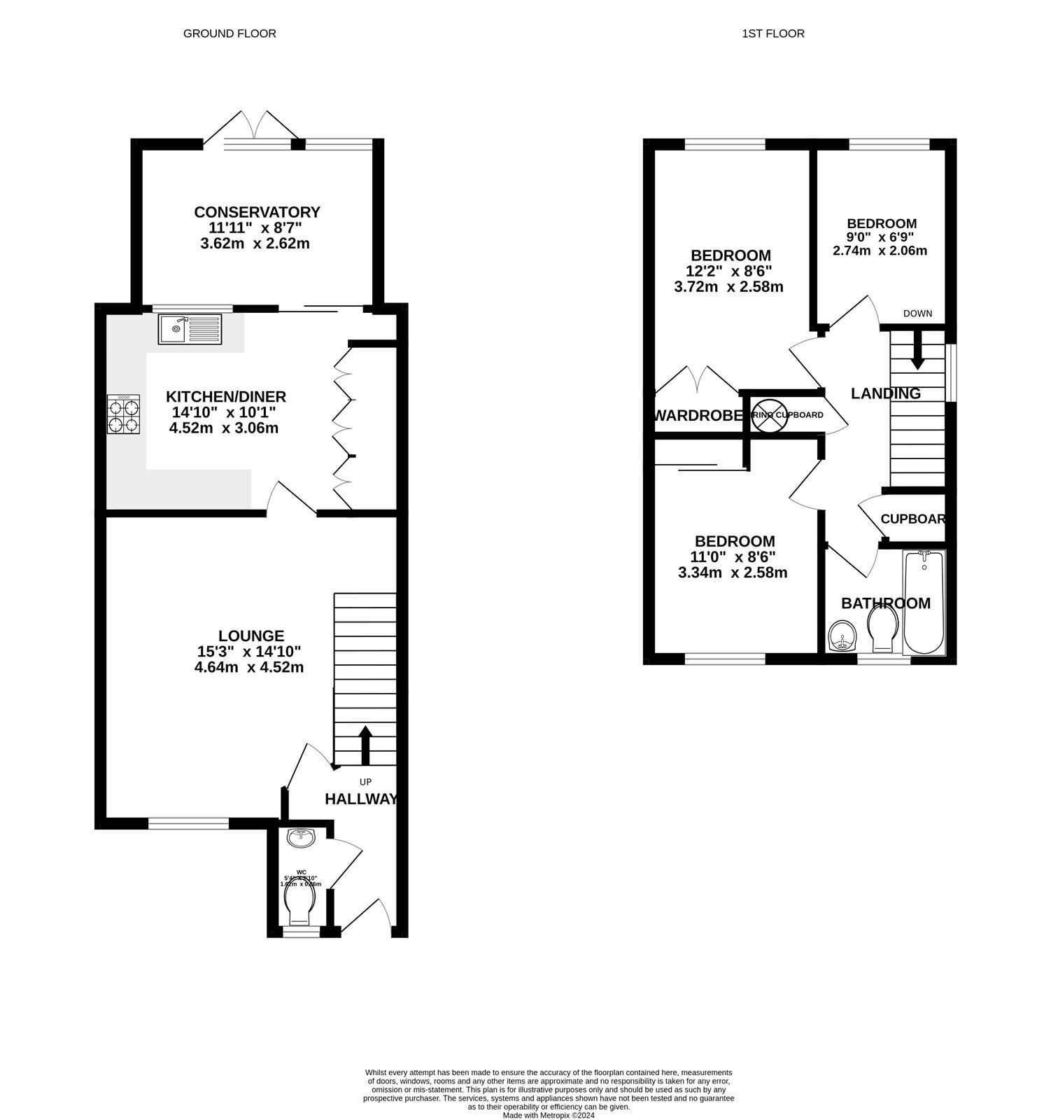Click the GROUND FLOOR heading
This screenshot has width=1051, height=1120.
coord(230,34)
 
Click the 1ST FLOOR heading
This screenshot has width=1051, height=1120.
coord(773,34)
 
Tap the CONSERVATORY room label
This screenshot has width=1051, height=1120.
coord(257,212)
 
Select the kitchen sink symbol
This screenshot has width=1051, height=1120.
coord(189,329)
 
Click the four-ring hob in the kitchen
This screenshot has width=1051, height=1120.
coord(123,414)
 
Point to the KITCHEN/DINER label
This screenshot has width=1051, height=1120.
coord(225,397)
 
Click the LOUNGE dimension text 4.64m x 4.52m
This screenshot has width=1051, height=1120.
coord(249,667)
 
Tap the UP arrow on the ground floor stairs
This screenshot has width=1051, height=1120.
coord(365,745)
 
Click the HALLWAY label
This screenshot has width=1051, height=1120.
coord(361,799)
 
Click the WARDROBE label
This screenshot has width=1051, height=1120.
coord(697,416)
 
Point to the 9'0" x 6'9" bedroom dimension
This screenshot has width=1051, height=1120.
coord(880,237)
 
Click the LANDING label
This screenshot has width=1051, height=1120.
coord(885,393)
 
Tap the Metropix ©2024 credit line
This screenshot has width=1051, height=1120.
coord(548,1115)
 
